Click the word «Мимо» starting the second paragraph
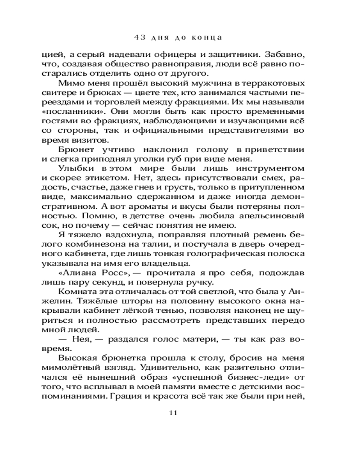click(70, 84)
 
